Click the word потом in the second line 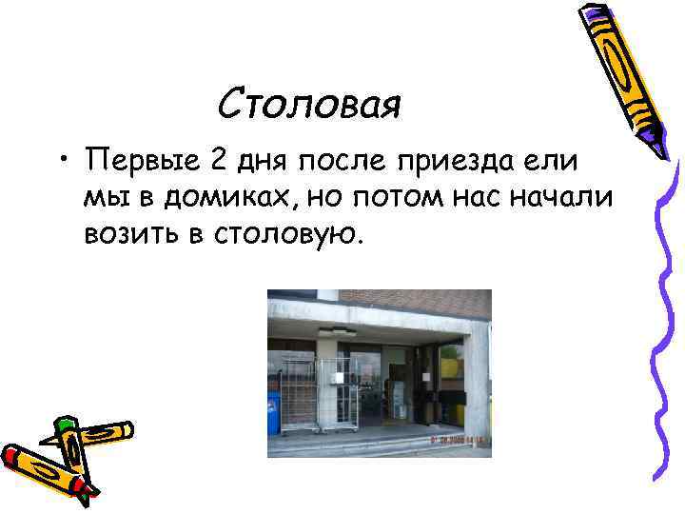coord(375,197)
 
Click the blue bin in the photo coord(274,412)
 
